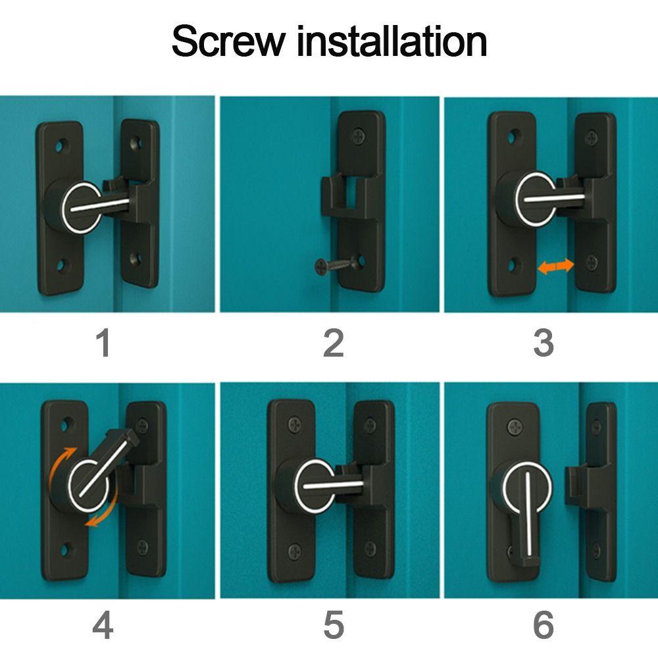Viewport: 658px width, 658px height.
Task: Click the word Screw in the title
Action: (x=228, y=41)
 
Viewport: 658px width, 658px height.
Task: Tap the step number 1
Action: (x=104, y=343)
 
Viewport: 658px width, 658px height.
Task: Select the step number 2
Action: (x=334, y=343)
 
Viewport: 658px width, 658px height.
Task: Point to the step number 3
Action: (x=544, y=343)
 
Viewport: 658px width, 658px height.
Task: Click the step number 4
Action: (x=103, y=625)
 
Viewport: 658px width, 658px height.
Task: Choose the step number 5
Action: (x=334, y=625)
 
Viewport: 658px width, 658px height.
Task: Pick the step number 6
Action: (x=544, y=625)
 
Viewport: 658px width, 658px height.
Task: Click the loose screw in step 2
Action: (x=335, y=265)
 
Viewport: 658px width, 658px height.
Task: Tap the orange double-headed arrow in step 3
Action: (x=555, y=266)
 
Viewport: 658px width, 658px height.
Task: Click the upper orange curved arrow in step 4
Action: (x=61, y=464)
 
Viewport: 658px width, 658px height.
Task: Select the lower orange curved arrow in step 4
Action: (x=103, y=510)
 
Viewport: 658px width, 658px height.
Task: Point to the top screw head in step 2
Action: (x=359, y=136)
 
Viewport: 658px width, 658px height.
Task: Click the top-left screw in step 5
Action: (x=295, y=425)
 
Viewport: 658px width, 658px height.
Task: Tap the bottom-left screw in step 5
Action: (x=295, y=551)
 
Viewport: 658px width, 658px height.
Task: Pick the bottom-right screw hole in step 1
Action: (x=136, y=259)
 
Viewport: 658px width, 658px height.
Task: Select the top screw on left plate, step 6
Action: (x=515, y=428)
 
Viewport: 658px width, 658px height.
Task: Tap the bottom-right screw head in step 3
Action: (x=592, y=263)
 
